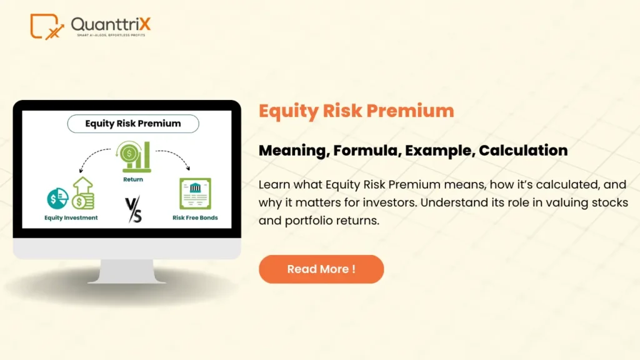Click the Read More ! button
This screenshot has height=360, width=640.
point(321,269)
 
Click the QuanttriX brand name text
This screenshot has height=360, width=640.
point(111,24)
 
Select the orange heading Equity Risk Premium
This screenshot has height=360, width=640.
point(356,111)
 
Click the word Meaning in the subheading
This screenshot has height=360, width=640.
point(292,151)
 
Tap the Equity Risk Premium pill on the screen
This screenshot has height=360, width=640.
point(132,124)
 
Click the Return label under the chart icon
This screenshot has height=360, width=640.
point(132,179)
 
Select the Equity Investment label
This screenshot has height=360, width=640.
point(71,218)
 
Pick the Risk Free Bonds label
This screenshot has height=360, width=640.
point(196,218)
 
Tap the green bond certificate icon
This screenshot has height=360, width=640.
point(194,194)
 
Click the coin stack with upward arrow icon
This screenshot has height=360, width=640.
point(82,194)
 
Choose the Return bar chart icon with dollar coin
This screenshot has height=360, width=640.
point(134,157)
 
